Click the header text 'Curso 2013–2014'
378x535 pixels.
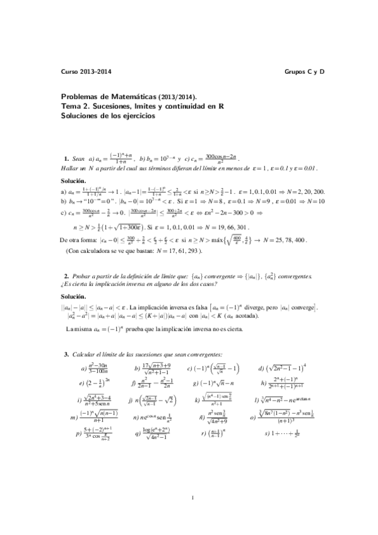(x=85, y=73)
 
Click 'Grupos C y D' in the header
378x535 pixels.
(x=305, y=73)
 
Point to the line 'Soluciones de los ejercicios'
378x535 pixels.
(x=107, y=116)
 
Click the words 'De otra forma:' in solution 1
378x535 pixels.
(x=80, y=239)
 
